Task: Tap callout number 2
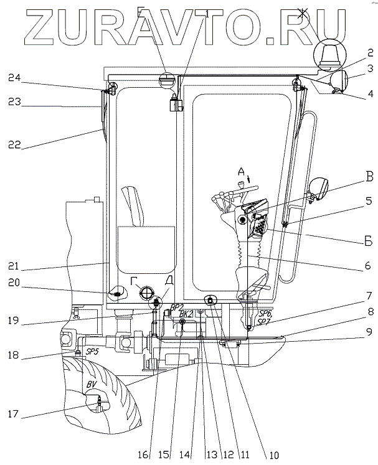click(370, 52)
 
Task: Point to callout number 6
click(367, 266)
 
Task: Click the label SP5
click(92, 351)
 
